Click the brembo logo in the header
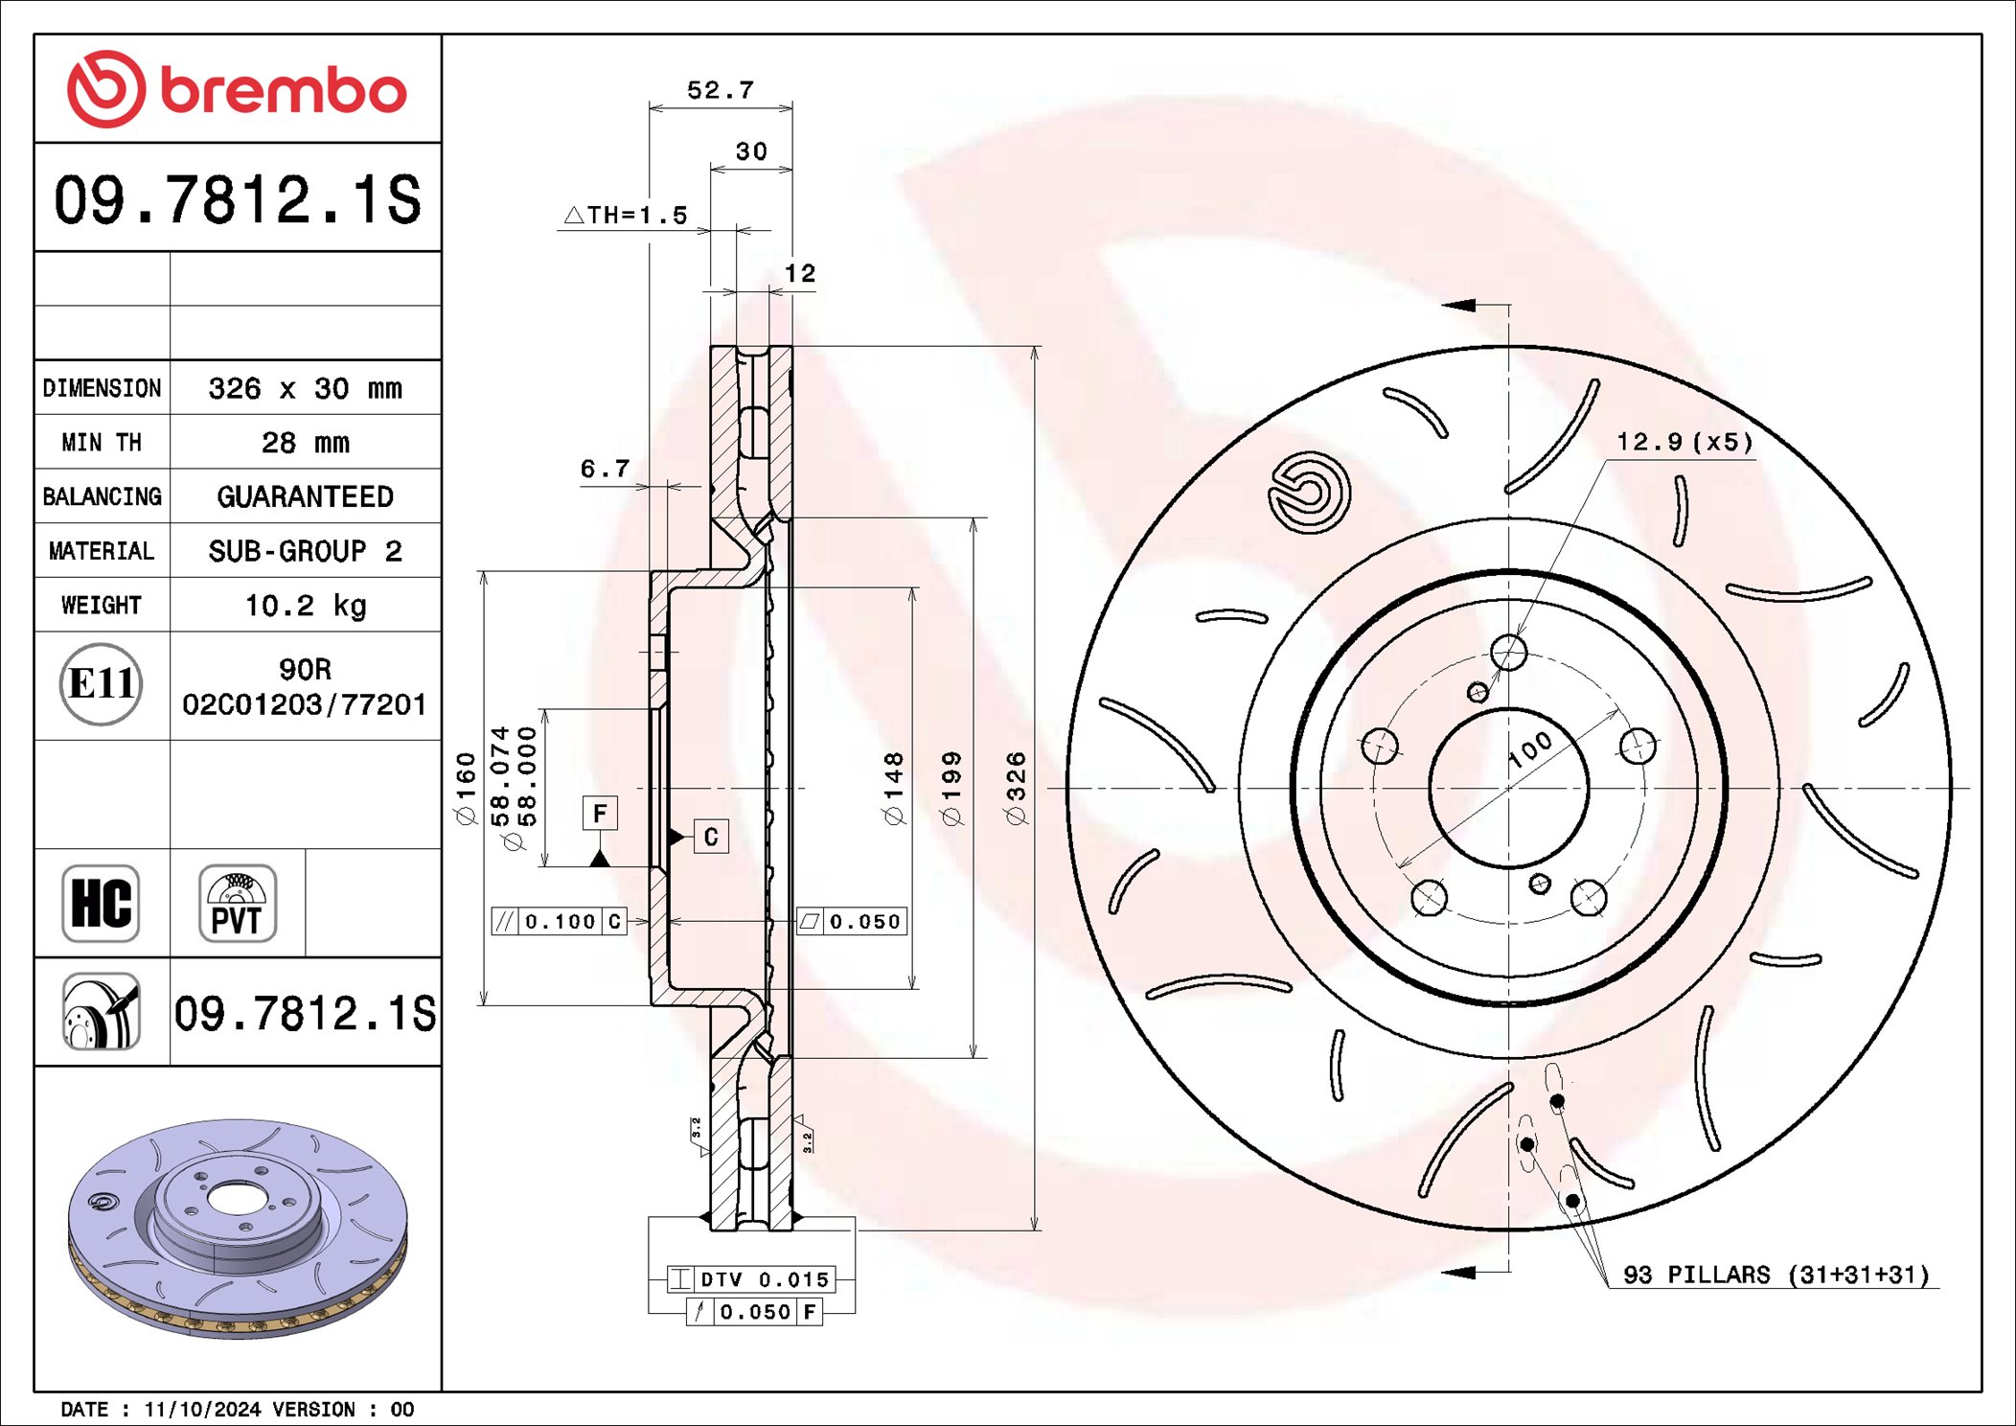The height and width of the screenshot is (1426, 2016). [237, 89]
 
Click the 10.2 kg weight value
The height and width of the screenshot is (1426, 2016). [305, 606]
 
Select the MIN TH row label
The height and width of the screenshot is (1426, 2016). [102, 443]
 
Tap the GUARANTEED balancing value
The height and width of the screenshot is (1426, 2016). [305, 496]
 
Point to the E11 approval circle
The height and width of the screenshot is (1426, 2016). [101, 684]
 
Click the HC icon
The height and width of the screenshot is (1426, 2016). [101, 904]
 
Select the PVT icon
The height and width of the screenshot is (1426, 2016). [237, 904]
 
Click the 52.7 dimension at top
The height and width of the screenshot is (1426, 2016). [721, 90]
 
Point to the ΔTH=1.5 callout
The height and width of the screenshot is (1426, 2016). [628, 216]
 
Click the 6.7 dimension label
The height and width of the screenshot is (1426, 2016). [605, 469]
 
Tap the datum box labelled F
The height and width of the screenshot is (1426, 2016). [600, 814]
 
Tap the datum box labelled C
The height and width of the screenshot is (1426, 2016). [710, 837]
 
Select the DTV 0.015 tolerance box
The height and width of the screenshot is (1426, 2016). [751, 1279]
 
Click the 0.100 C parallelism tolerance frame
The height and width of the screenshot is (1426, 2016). [560, 922]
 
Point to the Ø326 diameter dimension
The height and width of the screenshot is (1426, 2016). [1016, 788]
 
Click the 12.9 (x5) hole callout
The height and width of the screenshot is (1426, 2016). [1684, 442]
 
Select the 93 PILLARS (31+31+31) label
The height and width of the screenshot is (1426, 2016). [1775, 1276]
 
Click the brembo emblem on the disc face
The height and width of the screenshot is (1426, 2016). [1309, 492]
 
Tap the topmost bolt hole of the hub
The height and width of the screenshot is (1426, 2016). [1508, 654]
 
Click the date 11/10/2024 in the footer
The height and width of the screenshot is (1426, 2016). [201, 1410]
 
